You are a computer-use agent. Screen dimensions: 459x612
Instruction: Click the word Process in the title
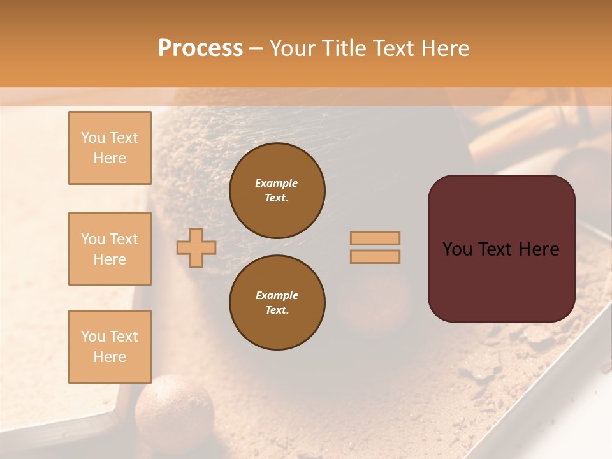pos(200,48)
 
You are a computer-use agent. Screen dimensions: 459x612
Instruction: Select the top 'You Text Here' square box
pos(110,148)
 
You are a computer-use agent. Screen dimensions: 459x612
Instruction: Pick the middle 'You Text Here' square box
pos(110,249)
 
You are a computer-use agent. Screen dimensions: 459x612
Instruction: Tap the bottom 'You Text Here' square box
pos(110,346)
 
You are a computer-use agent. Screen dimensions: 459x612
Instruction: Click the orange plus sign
pos(196,247)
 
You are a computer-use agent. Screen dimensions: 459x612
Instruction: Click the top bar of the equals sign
pos(375,238)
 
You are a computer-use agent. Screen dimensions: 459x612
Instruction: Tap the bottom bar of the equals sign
pos(375,256)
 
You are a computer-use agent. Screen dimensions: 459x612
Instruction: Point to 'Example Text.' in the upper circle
pos(277,190)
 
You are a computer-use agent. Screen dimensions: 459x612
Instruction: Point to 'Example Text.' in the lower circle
pos(277,302)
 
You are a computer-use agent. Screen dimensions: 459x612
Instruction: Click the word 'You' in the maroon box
pos(457,249)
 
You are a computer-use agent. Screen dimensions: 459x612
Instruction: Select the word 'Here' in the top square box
pos(110,158)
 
